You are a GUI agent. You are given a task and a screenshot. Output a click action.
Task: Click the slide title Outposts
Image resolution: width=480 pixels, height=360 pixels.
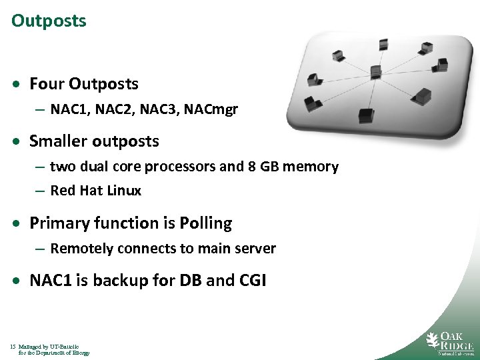49,21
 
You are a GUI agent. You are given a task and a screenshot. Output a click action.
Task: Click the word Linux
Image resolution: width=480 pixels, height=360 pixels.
125,191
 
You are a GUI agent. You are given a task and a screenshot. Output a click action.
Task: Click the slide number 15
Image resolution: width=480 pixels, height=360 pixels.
13,347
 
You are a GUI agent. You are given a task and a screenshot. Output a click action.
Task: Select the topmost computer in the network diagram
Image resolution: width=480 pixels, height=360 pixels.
384,44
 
